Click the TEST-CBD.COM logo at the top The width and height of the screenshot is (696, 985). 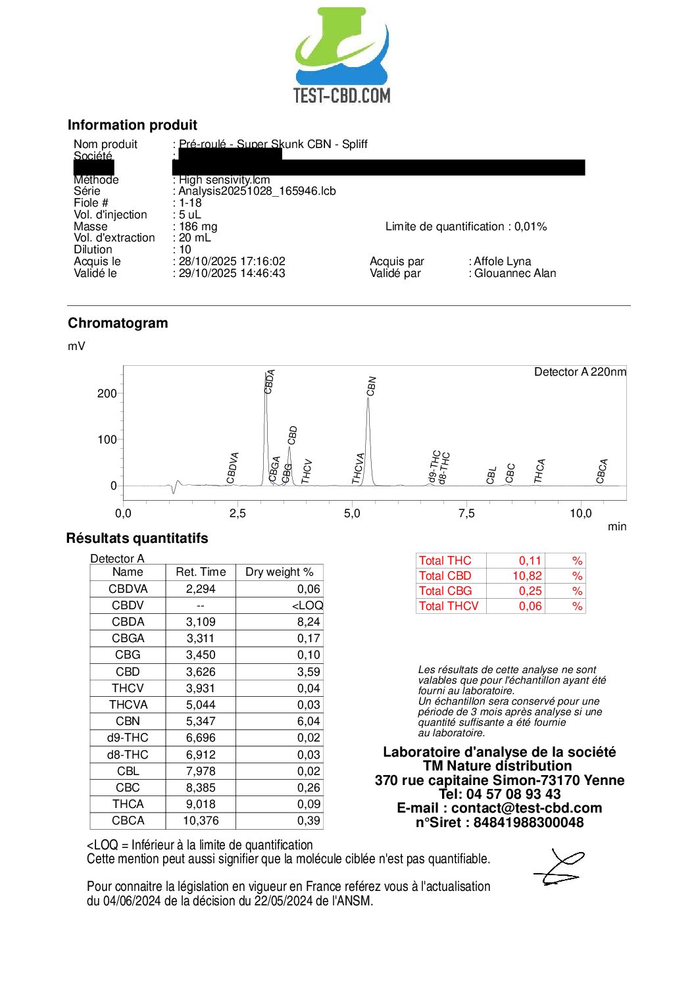coord(342,56)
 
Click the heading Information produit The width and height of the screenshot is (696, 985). coord(132,125)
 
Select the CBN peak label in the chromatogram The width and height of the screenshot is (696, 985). coord(372,386)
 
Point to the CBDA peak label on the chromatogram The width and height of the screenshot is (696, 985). coord(270,382)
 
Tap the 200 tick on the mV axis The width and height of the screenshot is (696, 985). coord(107,393)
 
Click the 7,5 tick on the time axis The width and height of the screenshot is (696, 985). coord(466,513)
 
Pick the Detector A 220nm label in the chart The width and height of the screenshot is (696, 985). coord(580,372)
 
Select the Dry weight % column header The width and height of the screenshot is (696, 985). coord(279,572)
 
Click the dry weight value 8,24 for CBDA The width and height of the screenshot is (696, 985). coord(309,622)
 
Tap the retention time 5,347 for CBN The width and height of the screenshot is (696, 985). coord(201,721)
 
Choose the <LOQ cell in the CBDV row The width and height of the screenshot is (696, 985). coord(307,605)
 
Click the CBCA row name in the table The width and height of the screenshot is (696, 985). coord(128,821)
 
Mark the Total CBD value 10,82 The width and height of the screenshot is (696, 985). coord(527,576)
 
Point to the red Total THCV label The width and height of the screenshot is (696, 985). coord(449,606)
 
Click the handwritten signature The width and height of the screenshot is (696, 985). coord(559,867)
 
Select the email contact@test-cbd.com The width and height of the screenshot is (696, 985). coord(526,808)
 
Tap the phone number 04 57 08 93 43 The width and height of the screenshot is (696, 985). coord(513,794)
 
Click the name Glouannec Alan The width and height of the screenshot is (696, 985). coord(515,273)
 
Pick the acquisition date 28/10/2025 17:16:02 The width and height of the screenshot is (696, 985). coord(232,261)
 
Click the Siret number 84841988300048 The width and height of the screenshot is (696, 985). coord(528,822)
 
